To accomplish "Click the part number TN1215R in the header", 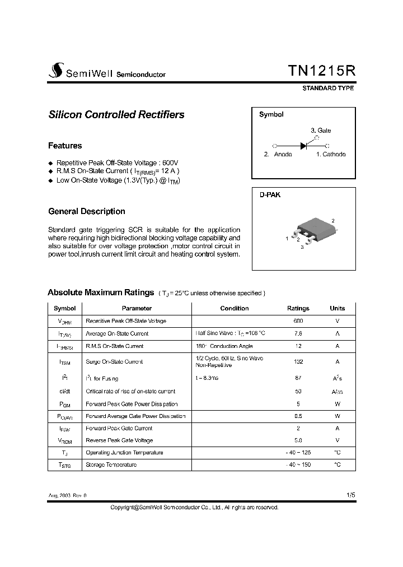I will tap(321, 71).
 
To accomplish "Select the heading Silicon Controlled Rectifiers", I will tap(116, 115).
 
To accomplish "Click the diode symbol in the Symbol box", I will tap(305, 145).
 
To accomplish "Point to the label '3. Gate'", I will tap(321, 131).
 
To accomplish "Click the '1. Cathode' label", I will tap(331, 155).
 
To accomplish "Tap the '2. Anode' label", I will tap(278, 155).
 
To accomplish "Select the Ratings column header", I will tap(298, 309).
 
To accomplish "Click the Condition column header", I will tap(235, 309).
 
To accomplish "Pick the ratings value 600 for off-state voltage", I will tap(298, 321).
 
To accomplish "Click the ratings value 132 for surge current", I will tap(298, 362).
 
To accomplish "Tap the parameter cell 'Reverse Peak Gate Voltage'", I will tap(119, 440).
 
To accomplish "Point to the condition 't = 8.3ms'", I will tap(207, 379).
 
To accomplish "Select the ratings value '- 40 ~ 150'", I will tap(298, 465).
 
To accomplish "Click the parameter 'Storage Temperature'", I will tap(111, 465).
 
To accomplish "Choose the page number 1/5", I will tap(350, 495).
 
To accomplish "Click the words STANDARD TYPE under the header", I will tap(328, 89).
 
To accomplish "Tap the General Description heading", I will tap(87, 212).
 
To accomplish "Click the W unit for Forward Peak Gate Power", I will tap(338, 404).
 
